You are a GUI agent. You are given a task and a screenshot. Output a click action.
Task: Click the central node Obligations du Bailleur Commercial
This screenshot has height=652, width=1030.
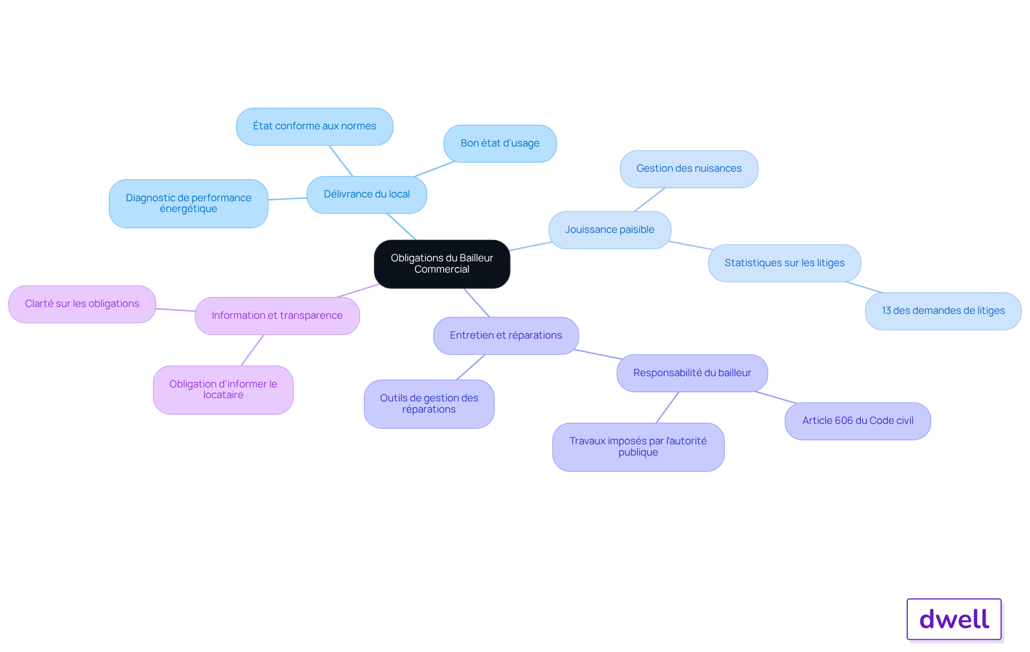[x=442, y=264]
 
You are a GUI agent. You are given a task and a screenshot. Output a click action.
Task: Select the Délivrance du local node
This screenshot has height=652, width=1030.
[x=366, y=195]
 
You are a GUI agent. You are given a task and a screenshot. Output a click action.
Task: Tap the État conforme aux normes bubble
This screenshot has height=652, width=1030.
[x=314, y=127]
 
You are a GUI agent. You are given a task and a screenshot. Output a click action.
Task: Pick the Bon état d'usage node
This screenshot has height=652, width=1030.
[x=500, y=144]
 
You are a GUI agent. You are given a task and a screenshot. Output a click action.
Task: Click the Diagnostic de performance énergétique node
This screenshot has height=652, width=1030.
[x=188, y=204]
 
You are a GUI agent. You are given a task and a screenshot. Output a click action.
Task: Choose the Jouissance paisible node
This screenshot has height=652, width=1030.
[x=609, y=230]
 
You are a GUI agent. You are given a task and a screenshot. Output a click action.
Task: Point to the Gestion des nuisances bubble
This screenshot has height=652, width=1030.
[x=689, y=169]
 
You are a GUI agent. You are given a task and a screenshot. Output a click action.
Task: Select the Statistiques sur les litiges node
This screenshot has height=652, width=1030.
[x=784, y=263]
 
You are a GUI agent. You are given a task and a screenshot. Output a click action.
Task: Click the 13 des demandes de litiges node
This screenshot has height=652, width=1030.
[x=943, y=311]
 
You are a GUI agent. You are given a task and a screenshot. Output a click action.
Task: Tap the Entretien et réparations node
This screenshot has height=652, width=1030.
[x=506, y=336]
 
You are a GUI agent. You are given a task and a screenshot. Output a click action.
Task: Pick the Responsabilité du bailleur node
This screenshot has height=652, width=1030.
[x=692, y=373]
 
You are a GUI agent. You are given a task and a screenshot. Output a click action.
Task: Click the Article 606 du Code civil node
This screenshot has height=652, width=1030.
[x=858, y=421]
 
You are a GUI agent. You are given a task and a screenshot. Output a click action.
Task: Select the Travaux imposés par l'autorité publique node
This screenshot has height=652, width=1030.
[x=638, y=447]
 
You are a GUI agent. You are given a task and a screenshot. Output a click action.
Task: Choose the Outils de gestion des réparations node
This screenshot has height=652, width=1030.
[x=429, y=404]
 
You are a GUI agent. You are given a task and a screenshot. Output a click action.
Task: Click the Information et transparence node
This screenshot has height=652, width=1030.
[x=277, y=316]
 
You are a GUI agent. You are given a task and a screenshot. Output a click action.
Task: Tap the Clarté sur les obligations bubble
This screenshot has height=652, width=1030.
[x=82, y=304]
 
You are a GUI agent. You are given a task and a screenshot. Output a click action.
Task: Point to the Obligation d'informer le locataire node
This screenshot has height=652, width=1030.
[x=223, y=390]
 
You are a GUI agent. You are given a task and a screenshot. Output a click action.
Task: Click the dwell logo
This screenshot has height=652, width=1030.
[x=954, y=619]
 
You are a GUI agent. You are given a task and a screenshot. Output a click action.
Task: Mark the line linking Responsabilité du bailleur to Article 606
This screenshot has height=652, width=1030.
[x=776, y=398]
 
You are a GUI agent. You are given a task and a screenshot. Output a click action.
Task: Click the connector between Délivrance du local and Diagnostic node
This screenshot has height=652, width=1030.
[x=288, y=199]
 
